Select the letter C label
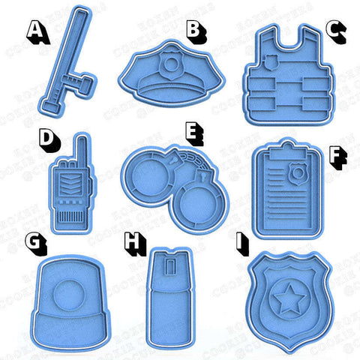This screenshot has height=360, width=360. click(337, 31)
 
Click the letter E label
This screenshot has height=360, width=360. click(194, 134)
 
